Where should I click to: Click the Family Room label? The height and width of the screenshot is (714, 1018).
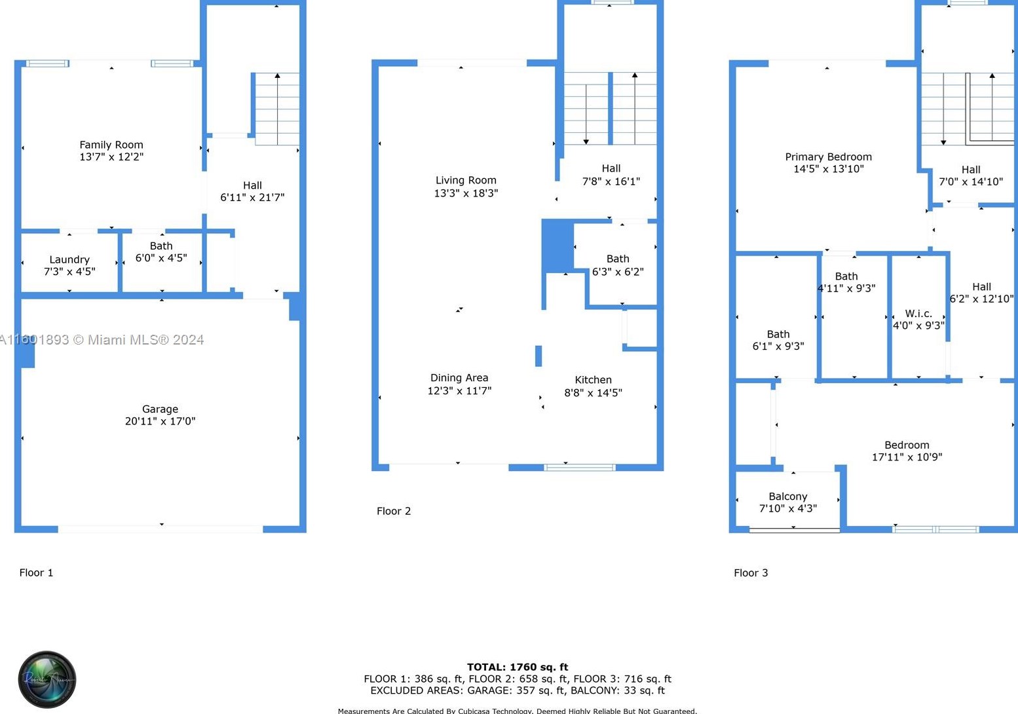click(x=111, y=145)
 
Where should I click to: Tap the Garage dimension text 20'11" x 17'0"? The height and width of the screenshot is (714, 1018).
click(x=160, y=421)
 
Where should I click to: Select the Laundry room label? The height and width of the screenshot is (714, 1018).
click(x=69, y=259)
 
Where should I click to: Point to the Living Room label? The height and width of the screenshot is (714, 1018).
click(x=466, y=180)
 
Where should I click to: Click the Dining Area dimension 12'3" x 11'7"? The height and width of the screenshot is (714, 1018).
click(x=459, y=390)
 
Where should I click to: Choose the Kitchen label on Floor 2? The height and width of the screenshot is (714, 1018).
click(x=593, y=380)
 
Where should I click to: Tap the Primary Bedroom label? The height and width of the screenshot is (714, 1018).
click(x=828, y=157)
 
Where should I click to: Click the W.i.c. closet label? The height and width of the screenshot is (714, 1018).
click(x=918, y=314)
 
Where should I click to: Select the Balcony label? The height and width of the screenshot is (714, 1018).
click(x=787, y=497)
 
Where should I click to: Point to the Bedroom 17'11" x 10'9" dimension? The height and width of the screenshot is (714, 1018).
click(x=907, y=457)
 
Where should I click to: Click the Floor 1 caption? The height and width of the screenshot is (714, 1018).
click(x=36, y=573)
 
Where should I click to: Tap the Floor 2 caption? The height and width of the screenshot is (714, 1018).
click(x=394, y=511)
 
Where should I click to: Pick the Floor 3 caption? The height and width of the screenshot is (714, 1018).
click(x=751, y=573)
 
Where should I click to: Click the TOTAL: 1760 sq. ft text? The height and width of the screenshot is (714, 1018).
click(x=518, y=667)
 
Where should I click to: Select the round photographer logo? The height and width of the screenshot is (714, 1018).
click(x=47, y=679)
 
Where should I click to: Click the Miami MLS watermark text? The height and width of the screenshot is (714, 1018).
click(x=102, y=339)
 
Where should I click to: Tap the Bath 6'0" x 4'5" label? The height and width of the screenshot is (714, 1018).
click(x=161, y=252)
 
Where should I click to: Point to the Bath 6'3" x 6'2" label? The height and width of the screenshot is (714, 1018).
click(x=617, y=265)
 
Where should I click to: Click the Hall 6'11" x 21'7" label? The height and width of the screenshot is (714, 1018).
click(x=252, y=191)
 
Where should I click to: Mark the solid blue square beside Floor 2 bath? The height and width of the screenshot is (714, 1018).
click(x=557, y=246)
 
